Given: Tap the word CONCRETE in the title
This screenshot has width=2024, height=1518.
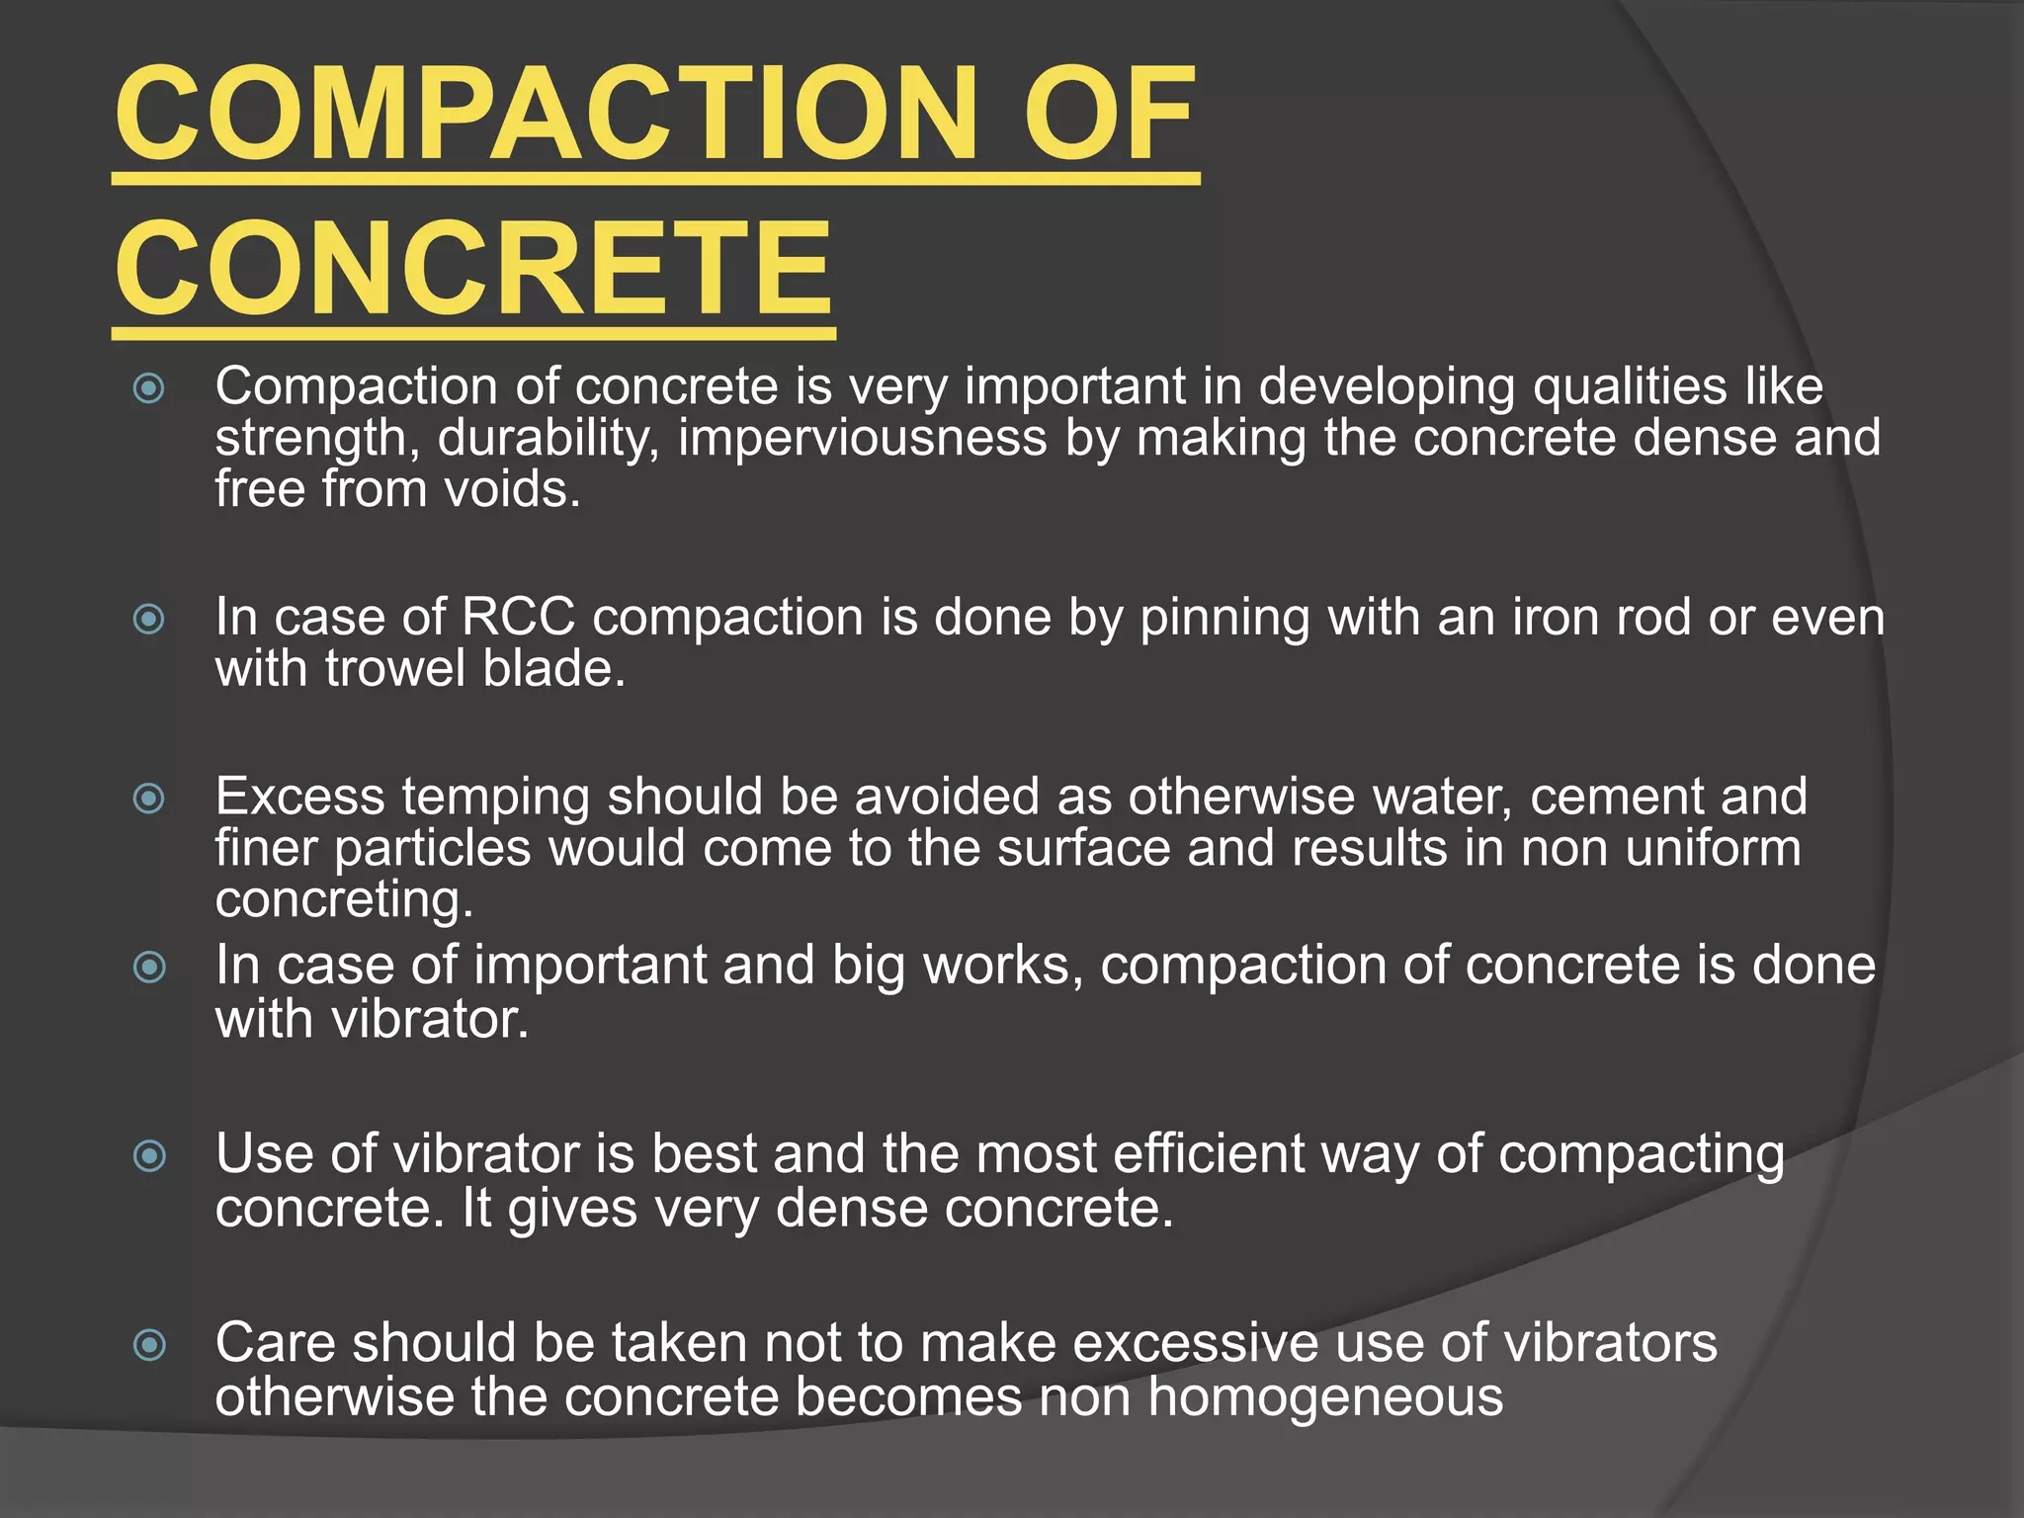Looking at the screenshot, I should tap(474, 270).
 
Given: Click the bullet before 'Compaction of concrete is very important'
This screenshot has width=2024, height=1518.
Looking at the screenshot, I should tap(149, 387).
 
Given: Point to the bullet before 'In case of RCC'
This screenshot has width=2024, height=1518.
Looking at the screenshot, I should tap(149, 620).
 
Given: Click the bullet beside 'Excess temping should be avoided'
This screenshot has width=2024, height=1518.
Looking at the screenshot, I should tap(149, 798).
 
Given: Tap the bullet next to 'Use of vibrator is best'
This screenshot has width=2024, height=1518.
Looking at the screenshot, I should tap(149, 1154).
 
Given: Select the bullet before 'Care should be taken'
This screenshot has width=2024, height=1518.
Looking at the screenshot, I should tap(149, 1344).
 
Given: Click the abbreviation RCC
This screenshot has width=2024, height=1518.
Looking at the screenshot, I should tap(518, 618).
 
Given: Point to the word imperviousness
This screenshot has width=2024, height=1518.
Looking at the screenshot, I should tap(862, 438).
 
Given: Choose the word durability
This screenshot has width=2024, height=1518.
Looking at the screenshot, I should tap(548, 438).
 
